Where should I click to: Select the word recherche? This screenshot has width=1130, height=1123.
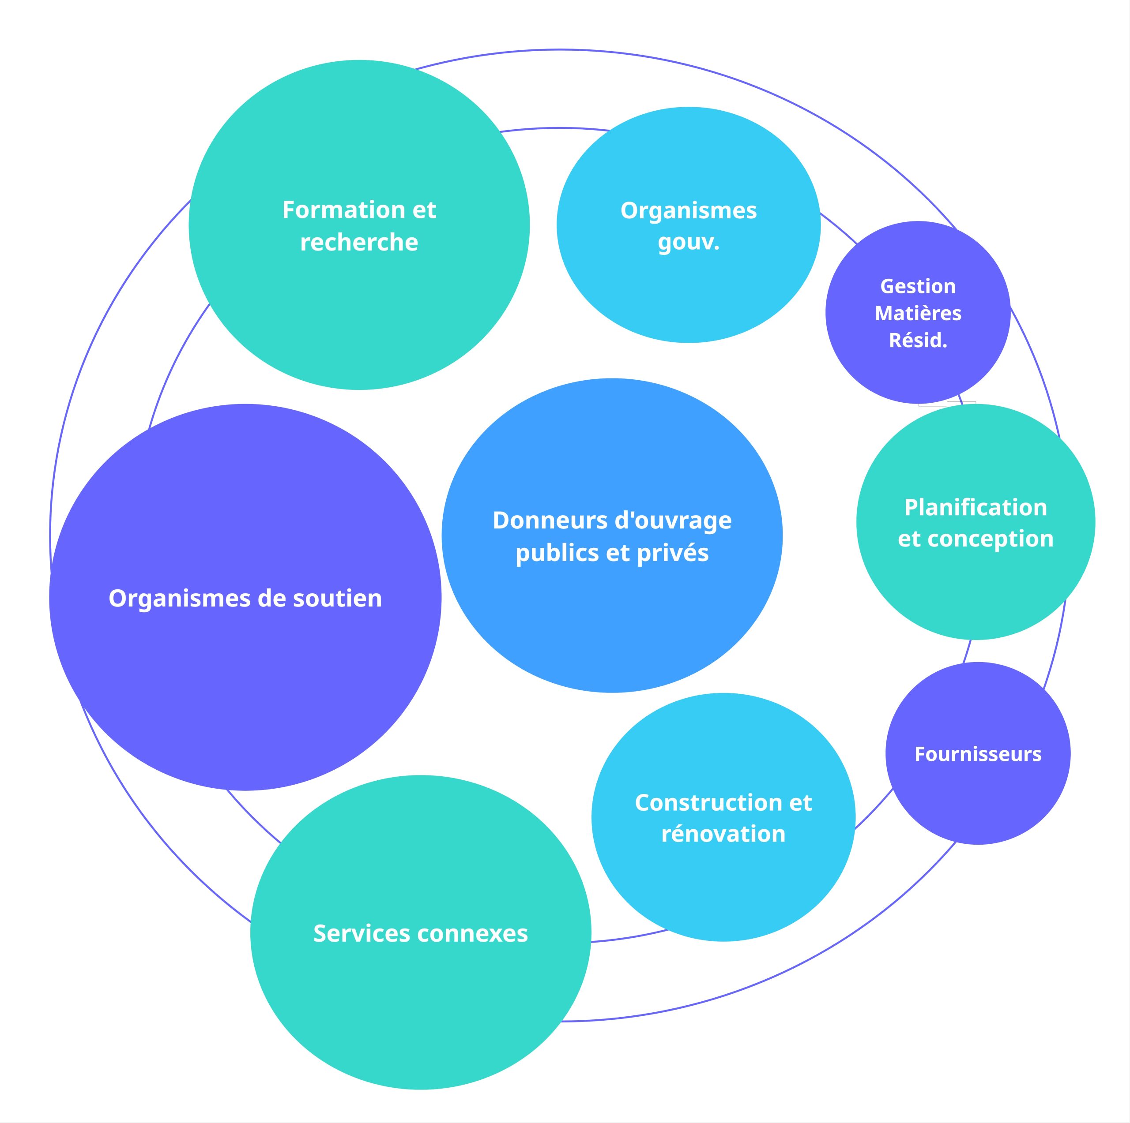point(359,243)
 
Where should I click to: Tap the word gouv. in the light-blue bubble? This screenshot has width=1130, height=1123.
point(689,243)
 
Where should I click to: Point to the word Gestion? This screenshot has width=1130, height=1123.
point(918,286)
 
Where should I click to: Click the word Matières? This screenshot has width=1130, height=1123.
point(918,313)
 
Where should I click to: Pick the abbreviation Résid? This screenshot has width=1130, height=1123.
point(918,340)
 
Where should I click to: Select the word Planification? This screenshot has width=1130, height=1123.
point(976,507)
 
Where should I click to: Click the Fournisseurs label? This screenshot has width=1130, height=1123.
point(978,754)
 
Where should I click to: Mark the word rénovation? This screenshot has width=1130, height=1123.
point(723,834)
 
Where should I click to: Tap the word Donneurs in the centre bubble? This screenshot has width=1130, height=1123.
point(542,520)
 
